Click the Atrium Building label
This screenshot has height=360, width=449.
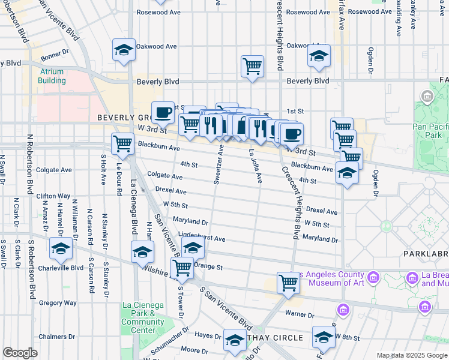(x=52, y=76)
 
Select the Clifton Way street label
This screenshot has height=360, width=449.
(x=53, y=196)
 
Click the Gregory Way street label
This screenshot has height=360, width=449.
(x=58, y=303)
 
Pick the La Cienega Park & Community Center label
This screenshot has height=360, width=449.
(x=142, y=318)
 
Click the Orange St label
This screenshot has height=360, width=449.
(x=210, y=267)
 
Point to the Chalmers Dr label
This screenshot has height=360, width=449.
(x=56, y=337)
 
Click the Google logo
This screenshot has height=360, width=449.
(x=20, y=353)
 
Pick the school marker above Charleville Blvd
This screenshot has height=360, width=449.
(x=61, y=248)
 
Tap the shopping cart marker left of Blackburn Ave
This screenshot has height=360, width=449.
(x=122, y=143)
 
